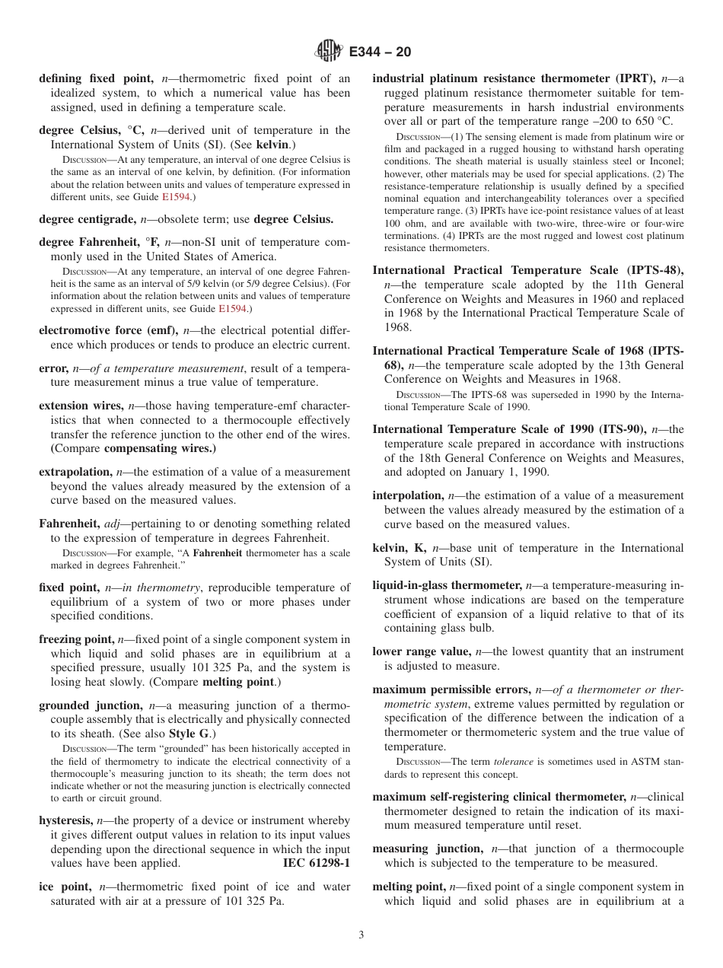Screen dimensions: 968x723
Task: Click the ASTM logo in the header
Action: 330,52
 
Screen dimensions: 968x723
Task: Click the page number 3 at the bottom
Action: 361,935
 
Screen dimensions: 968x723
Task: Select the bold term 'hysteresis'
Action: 65,820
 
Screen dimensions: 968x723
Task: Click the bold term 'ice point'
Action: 65,887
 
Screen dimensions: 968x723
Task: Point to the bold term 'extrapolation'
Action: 75,472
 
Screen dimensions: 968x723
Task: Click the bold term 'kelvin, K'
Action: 399,548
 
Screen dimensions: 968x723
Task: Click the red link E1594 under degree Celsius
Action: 180,197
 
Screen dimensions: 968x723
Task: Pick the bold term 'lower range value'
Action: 421,651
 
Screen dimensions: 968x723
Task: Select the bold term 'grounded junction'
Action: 90,705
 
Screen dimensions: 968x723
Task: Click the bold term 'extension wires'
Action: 81,406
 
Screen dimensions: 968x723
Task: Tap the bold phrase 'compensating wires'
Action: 158,448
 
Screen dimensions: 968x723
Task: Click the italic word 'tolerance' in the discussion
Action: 513,761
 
